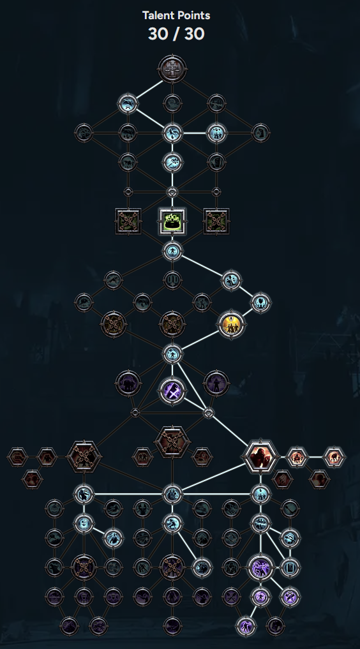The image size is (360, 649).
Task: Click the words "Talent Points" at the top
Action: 176,16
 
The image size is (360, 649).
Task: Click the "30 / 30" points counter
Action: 176,34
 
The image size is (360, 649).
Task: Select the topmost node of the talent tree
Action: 172,69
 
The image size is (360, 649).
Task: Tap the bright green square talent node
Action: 172,221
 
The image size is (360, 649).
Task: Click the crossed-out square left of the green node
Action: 128,221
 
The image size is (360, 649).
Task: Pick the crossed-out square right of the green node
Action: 216,221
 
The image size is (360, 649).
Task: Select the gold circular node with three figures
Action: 231,324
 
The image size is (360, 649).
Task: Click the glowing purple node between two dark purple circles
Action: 172,390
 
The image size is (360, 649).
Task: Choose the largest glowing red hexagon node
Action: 260,456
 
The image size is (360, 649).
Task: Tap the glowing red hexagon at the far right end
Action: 334,457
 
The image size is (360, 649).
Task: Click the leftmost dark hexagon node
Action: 17,457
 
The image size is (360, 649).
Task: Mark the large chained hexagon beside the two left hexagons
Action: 84,456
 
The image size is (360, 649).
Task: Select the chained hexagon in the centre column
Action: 172,442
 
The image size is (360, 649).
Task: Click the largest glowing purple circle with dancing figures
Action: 260,567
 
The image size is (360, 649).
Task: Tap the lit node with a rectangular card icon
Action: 290,567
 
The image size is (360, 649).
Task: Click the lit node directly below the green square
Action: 172,251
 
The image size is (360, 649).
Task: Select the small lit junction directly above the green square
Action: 172,191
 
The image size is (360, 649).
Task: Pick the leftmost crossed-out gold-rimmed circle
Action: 114,324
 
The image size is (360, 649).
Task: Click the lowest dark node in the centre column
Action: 172,625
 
